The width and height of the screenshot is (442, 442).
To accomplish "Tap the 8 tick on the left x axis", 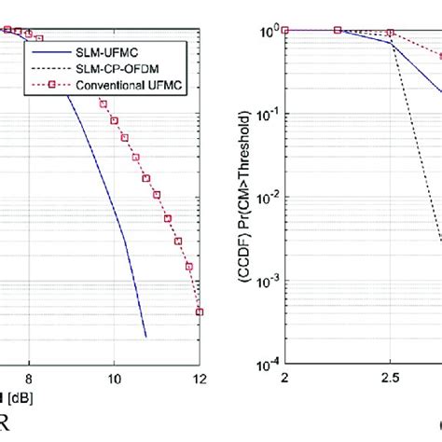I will [x=30, y=380].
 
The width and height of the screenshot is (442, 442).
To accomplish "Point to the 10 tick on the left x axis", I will [x=114, y=380].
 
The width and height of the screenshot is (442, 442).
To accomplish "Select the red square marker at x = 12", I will [x=199, y=311].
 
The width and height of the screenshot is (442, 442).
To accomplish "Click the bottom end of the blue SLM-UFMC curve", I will [x=146, y=336].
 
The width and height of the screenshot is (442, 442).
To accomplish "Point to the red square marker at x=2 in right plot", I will [x=285, y=30].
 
